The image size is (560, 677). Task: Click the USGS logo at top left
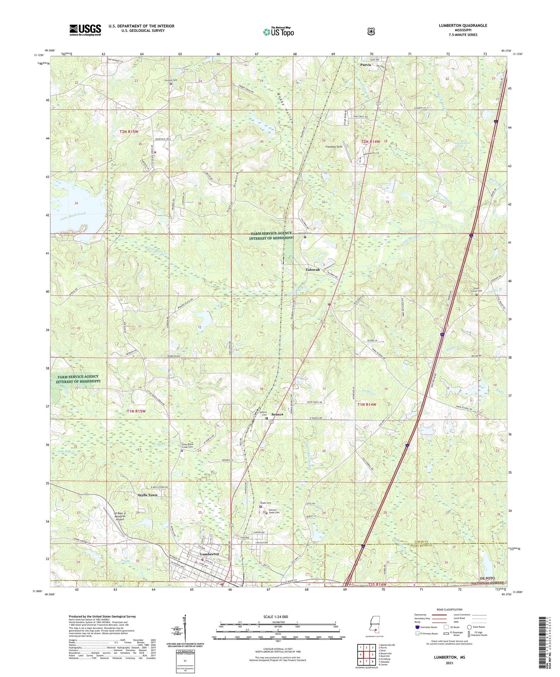point(85,30)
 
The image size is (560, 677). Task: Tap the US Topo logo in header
point(278,32)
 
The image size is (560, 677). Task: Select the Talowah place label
point(313,269)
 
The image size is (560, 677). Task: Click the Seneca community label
point(277,414)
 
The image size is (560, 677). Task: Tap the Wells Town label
point(148,495)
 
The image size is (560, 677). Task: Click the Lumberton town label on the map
point(209,554)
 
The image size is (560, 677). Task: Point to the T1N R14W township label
point(367,404)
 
